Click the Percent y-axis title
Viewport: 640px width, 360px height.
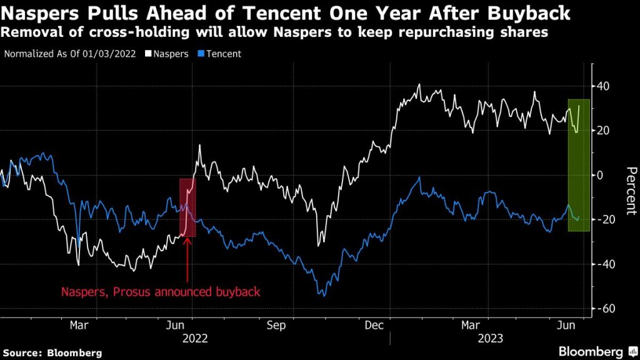[631, 191]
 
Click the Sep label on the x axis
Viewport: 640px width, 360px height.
[276, 325]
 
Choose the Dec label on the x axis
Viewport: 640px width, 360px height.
[374, 325]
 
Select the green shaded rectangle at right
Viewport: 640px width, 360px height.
[578, 165]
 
